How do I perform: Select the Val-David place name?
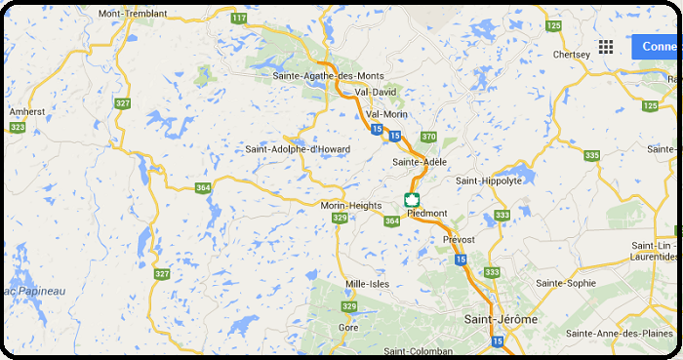point(376,92)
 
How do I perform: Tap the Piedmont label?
point(426,213)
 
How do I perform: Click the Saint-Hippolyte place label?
point(489,180)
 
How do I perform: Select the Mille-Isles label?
point(368,284)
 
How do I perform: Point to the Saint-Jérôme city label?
point(501,319)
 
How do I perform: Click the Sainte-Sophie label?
point(566,283)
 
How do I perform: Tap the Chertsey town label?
point(571,55)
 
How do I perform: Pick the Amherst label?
point(26,111)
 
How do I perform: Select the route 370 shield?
point(428,137)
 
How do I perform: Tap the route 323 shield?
point(17,127)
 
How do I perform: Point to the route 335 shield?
point(591,155)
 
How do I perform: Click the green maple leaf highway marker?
point(411,200)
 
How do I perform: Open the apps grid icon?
point(606,47)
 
